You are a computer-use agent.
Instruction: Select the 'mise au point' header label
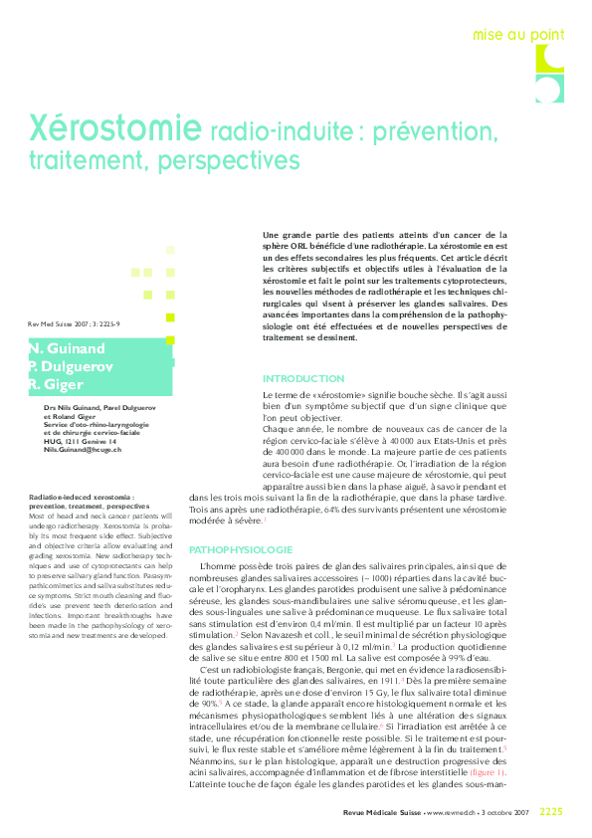pyautogui.click(x=515, y=35)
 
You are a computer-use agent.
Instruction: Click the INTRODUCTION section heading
pyautogui.click(x=302, y=379)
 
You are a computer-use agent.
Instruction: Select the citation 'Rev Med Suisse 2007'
pyautogui.click(x=60, y=323)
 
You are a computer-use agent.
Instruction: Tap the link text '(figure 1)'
pyautogui.click(x=488, y=743)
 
